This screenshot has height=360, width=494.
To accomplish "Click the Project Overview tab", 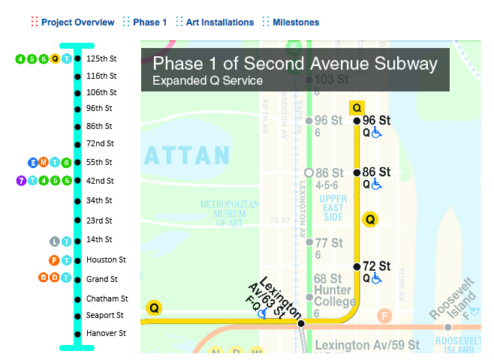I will point(77,22).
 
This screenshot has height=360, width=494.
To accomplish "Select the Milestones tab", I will point(296,22).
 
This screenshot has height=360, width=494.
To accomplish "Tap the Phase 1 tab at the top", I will point(150,22).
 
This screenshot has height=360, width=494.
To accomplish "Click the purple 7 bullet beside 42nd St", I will point(20,181).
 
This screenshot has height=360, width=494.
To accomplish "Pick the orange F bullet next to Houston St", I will point(54,260).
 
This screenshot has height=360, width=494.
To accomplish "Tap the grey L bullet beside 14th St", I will point(54,241).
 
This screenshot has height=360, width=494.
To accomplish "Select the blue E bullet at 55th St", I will point(32,163).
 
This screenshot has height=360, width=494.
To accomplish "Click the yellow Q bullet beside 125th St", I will point(55,58).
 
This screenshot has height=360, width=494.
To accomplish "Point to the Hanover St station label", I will point(106,333).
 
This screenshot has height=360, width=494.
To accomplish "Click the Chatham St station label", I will point(107,298).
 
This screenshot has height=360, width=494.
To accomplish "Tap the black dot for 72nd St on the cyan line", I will point(77,144).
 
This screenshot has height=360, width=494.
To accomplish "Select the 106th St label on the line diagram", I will point(101,93).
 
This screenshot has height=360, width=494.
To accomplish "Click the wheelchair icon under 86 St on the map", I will point(377,184).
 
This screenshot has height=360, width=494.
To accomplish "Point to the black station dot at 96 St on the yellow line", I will point(357,120).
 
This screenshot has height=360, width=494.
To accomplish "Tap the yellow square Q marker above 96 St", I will point(357,107).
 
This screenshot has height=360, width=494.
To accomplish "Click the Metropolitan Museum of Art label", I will point(229,214).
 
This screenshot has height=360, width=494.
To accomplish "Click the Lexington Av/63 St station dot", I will point(301,324).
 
